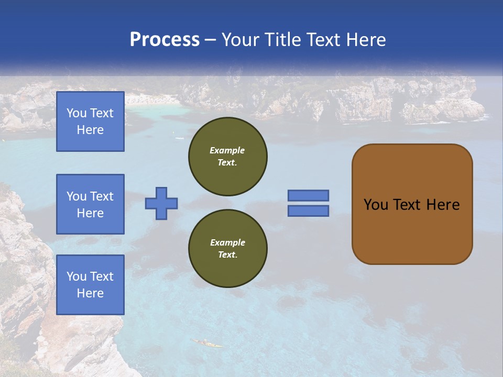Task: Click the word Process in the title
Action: coord(165,40)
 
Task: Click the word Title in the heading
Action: coord(281,40)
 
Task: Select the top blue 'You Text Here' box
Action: coord(90,121)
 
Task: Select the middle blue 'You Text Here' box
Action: coord(90,204)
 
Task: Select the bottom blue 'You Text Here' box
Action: coord(90,285)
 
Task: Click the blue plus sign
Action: coord(161,203)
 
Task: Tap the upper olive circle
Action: coord(228,156)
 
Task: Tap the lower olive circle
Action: coord(228,248)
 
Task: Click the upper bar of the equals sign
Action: coord(308,196)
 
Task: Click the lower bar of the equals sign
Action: coord(308,210)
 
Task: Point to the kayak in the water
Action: coord(206,343)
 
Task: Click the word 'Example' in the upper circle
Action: coord(227,150)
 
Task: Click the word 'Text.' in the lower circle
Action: coord(227,254)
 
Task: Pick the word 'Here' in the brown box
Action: coord(443,205)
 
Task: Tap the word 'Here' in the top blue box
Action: coord(90,130)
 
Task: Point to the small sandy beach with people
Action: coord(152,99)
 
